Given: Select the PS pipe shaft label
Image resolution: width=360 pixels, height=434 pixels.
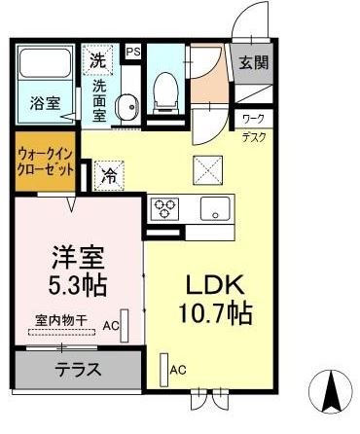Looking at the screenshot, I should pyautogui.click(x=132, y=51).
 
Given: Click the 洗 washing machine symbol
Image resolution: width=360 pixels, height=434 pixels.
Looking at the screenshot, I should pyautogui.click(x=98, y=59).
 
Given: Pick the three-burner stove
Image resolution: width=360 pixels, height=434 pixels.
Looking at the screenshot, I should pyautogui.click(x=163, y=207).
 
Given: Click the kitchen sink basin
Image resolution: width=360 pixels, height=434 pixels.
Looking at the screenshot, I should pyautogui.click(x=213, y=207).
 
